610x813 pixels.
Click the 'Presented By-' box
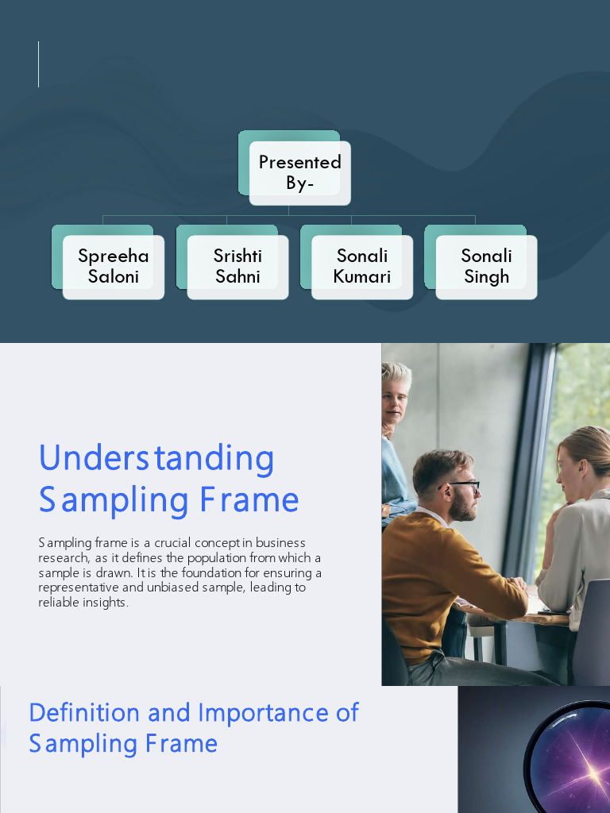pos(299,172)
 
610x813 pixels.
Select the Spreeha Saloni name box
pos(113,266)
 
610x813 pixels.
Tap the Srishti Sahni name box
pos(237,266)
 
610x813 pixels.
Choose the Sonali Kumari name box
pos(361,266)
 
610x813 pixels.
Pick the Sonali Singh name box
pos(486,266)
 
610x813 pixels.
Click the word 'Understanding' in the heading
pos(156,459)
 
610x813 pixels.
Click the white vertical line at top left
pos(38,64)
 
